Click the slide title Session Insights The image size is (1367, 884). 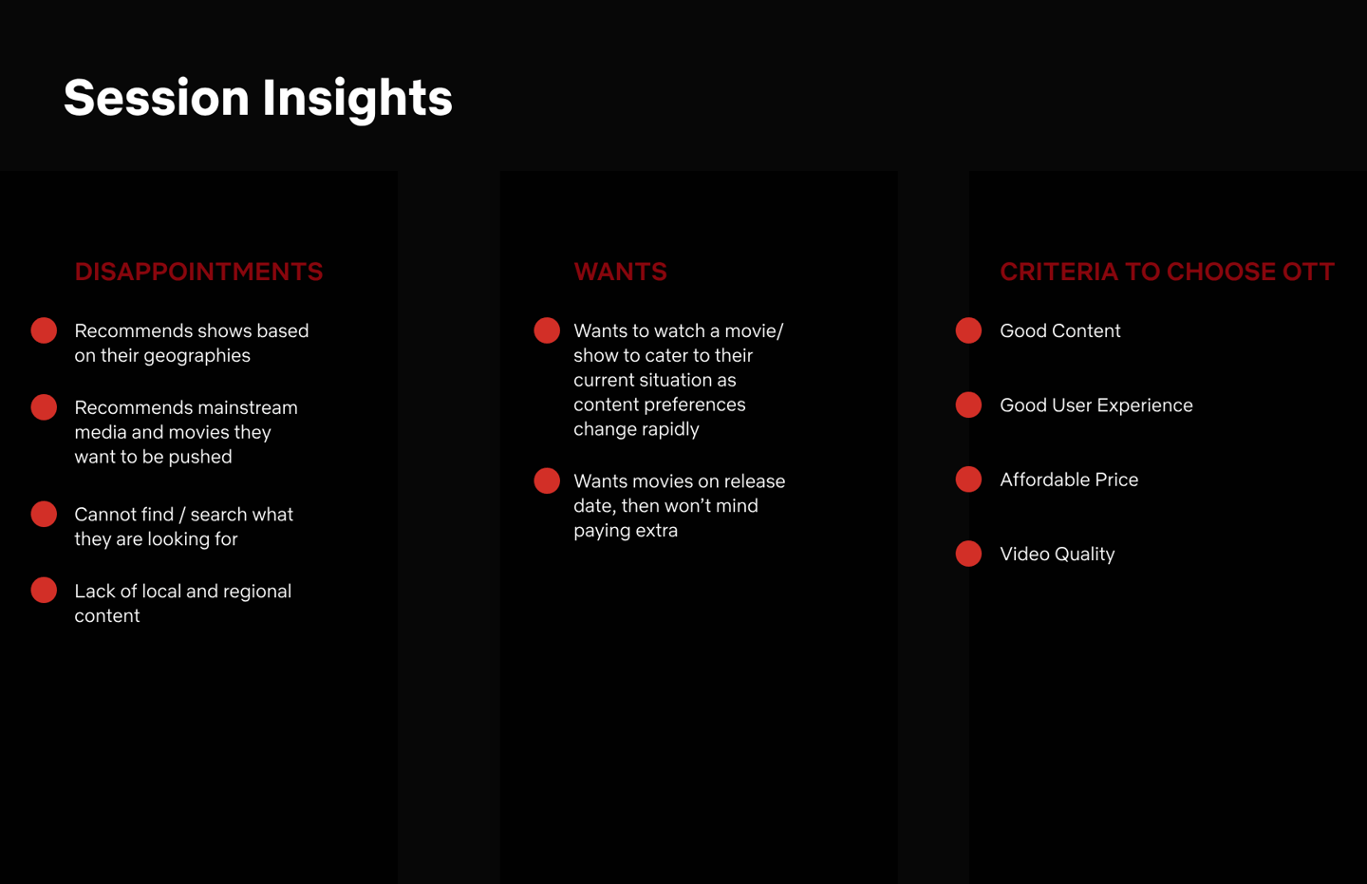pyautogui.click(x=258, y=99)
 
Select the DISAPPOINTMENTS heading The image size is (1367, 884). pyautogui.click(x=199, y=272)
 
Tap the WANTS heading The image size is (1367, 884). pyautogui.click(x=620, y=272)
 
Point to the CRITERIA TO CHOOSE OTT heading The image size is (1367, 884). pyautogui.click(x=1167, y=272)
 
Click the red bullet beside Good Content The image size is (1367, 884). pyautogui.click(x=968, y=330)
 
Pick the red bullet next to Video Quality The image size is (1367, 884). pyautogui.click(x=968, y=554)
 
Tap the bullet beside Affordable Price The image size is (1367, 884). pyautogui.click(x=968, y=480)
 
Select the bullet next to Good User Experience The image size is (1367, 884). pyautogui.click(x=968, y=404)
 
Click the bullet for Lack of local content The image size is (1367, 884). pyautogui.click(x=44, y=591)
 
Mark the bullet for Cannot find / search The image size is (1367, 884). pyautogui.click(x=44, y=514)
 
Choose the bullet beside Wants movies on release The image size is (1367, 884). pyautogui.click(x=547, y=480)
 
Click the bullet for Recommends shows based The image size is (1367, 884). pyautogui.click(x=44, y=330)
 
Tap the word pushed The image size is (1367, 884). pyautogui.click(x=200, y=458)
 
